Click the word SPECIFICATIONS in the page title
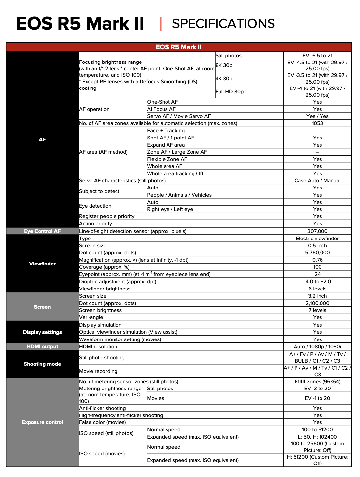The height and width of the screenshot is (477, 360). click(223, 24)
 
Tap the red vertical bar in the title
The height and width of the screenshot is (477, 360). click(161, 24)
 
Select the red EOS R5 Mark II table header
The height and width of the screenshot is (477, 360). click(179, 47)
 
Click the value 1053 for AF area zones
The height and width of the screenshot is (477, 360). click(317, 123)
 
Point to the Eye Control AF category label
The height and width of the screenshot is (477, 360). click(42, 231)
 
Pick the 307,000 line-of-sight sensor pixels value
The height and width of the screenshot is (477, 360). click(317, 231)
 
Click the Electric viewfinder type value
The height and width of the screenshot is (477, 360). click(317, 238)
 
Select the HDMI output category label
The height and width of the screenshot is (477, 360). click(42, 346)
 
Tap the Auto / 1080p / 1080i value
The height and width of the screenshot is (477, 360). click(317, 347)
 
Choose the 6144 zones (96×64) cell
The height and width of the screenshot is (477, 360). click(317, 382)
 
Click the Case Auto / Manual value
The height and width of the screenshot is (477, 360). click(317, 181)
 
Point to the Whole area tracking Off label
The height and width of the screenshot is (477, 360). click(175, 174)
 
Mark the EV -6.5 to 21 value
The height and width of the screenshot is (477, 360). click(317, 56)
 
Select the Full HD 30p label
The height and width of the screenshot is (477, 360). click(230, 92)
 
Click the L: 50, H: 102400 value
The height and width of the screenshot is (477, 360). click(317, 437)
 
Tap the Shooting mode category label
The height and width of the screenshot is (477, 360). click(42, 364)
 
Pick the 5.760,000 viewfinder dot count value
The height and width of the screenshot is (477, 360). click(317, 253)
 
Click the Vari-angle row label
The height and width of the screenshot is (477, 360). click(91, 317)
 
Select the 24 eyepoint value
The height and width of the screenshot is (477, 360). click(317, 274)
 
